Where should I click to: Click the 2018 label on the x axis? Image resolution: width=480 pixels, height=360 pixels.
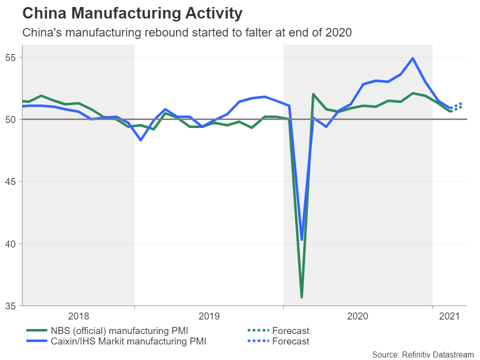tap(78, 316)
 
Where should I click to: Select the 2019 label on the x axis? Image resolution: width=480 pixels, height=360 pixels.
tap(208, 316)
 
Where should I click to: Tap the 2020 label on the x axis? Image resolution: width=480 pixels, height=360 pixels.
tap(357, 316)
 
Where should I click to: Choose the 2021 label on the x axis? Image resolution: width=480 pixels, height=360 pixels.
tap(449, 316)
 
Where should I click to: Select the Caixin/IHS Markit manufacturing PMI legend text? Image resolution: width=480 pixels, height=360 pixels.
tap(128, 341)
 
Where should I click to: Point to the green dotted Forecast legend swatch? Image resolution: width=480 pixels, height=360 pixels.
tap(258, 330)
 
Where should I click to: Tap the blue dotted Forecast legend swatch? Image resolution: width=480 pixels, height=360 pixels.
tap(258, 341)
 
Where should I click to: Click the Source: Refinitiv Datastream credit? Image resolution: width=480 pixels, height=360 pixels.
tap(423, 354)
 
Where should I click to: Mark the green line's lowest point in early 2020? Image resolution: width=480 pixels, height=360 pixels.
tap(301, 297)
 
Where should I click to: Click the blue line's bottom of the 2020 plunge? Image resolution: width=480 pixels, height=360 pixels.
tap(301, 239)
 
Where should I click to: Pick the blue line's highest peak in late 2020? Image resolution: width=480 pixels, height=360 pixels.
tap(412, 58)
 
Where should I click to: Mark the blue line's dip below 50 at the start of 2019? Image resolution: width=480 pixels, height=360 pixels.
tap(141, 140)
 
